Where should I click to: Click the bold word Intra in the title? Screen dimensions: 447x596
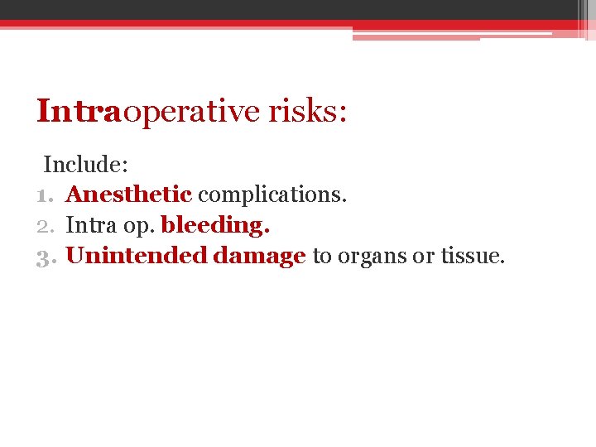79,111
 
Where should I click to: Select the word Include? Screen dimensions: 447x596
83,164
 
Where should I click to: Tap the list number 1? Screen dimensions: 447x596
43,195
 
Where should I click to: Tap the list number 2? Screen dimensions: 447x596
45,225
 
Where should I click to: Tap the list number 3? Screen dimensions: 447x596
45,256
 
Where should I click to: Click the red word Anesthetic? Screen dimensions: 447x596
128,195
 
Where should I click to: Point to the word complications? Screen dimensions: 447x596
272,195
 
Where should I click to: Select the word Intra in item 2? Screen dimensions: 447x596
92,225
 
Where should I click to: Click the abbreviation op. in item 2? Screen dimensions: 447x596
139,226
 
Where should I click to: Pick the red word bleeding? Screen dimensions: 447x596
215,225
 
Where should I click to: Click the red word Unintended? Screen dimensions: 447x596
136,256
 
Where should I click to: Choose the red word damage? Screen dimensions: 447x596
259,257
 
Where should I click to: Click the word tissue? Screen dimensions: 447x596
472,256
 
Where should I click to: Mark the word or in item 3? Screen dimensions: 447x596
423,257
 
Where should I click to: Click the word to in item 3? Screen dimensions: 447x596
322,257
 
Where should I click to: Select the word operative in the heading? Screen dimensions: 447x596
190,111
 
